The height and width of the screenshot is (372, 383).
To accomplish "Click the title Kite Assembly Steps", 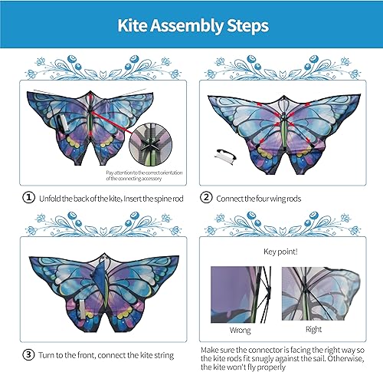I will click(191, 26).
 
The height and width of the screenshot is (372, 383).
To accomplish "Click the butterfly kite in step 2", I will click(283, 127).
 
